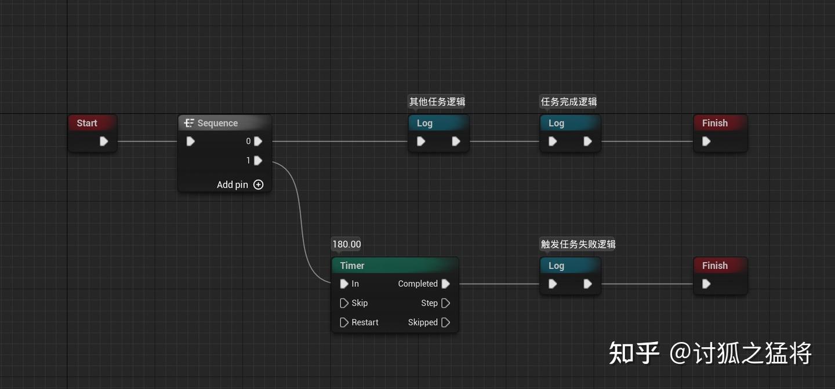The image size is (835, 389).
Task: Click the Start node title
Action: [x=87, y=123]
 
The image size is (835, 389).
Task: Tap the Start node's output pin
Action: [x=104, y=141]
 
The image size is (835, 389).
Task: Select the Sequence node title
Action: [x=217, y=123]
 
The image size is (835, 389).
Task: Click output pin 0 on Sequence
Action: [x=258, y=141]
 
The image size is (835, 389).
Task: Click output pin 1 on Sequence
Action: [x=258, y=161]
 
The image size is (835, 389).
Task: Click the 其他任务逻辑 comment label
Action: [x=437, y=102]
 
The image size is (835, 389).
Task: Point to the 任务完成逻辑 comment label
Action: [x=569, y=102]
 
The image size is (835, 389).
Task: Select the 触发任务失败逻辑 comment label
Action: [x=578, y=245]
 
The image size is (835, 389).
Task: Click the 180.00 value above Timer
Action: [x=347, y=245]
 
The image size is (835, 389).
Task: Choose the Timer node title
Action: [x=352, y=266]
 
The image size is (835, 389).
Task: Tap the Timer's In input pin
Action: [x=344, y=284]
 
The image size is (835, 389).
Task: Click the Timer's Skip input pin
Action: [x=344, y=303]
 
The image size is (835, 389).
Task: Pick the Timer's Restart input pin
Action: [x=344, y=322]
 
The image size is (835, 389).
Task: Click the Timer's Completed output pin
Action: [x=445, y=284]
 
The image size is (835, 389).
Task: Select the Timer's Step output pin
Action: [x=445, y=303]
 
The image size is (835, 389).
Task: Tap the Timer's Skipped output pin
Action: [x=445, y=322]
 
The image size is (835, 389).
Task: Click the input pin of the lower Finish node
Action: [x=706, y=284]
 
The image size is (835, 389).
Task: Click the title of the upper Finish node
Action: [x=714, y=123]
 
